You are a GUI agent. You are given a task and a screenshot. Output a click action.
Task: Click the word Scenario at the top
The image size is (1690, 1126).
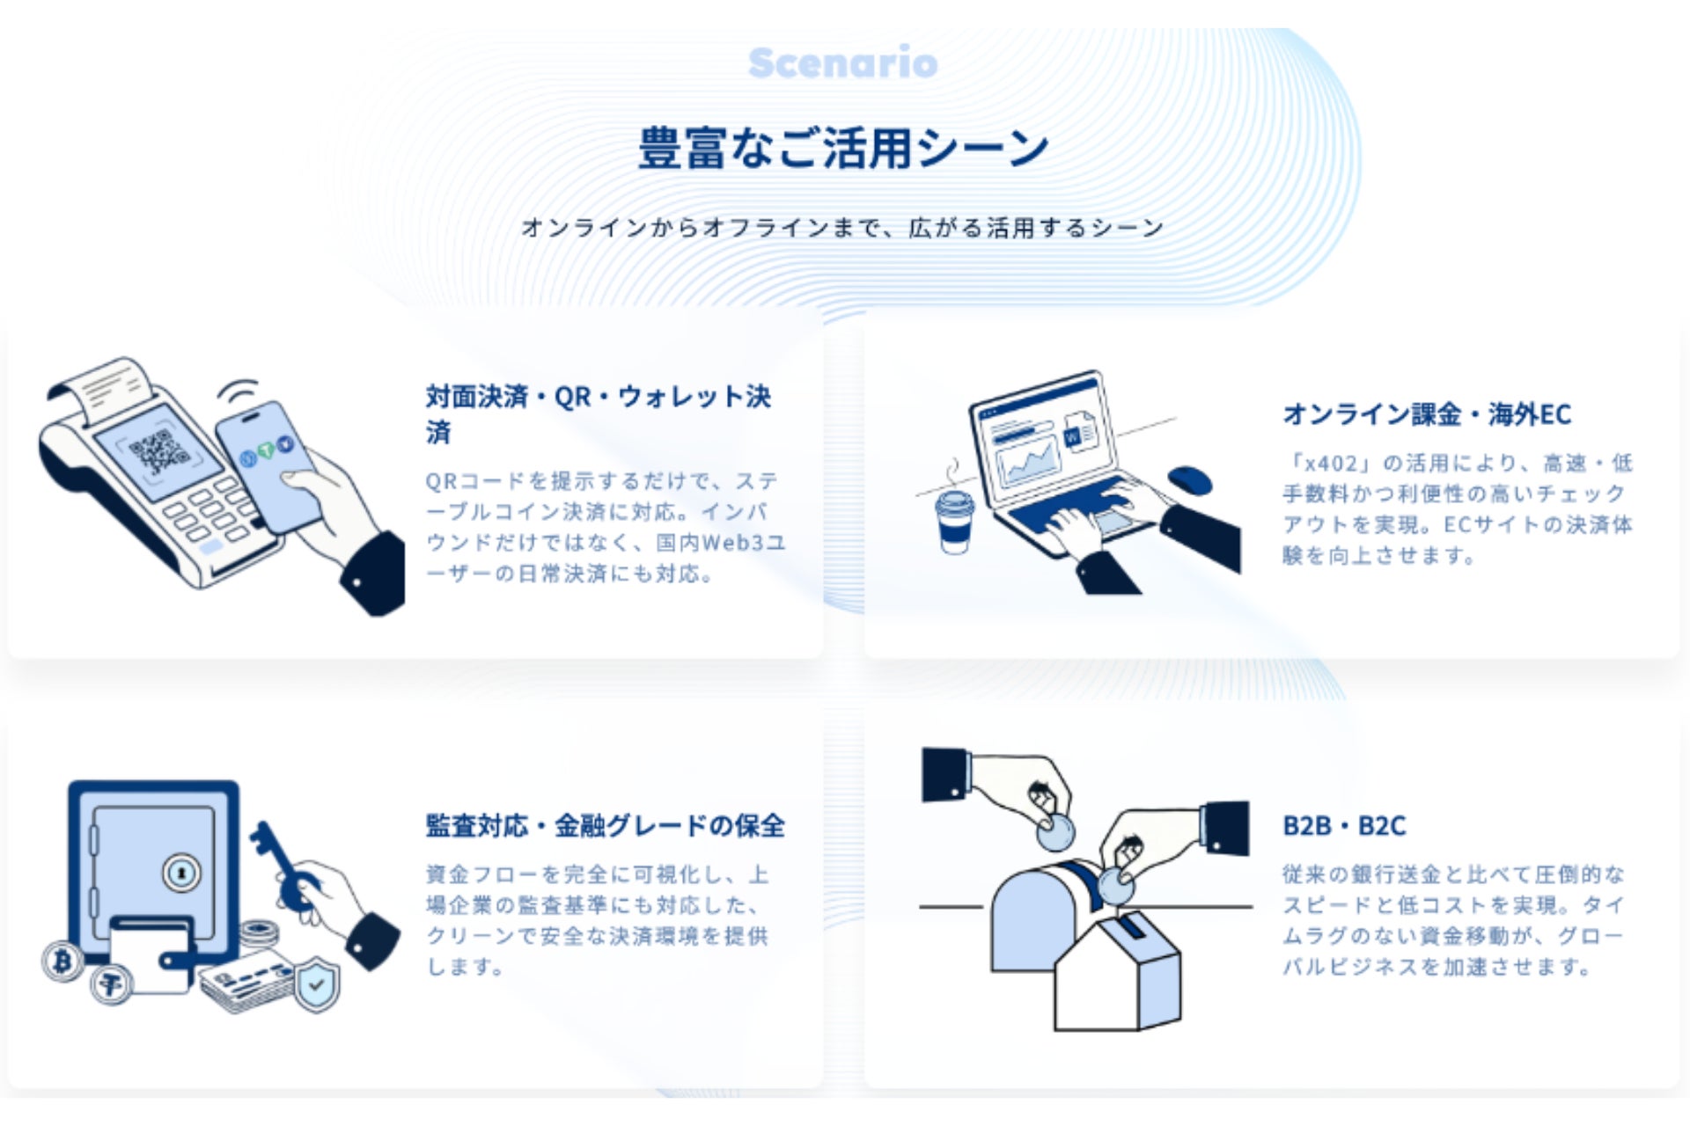pyautogui.click(x=843, y=63)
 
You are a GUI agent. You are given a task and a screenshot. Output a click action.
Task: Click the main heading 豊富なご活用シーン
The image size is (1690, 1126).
pyautogui.click(x=843, y=147)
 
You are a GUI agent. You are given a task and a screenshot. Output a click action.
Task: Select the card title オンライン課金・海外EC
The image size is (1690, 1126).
pyautogui.click(x=1427, y=414)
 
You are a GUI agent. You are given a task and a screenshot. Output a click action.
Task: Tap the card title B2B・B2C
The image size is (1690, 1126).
pyautogui.click(x=1344, y=826)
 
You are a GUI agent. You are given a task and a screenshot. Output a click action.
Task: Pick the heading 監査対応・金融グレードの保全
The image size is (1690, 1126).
pyautogui.click(x=606, y=826)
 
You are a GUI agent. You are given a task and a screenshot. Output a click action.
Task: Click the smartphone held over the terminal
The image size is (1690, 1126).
pyautogui.click(x=268, y=465)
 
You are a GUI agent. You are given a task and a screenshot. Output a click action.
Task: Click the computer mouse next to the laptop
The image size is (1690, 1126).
pyautogui.click(x=1190, y=479)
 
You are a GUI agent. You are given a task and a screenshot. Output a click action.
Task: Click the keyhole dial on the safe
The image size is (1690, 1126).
pyautogui.click(x=181, y=874)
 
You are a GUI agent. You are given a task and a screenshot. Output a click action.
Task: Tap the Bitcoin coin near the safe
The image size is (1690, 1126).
pyautogui.click(x=62, y=961)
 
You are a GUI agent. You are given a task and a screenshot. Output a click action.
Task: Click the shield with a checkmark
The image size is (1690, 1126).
pyautogui.click(x=316, y=985)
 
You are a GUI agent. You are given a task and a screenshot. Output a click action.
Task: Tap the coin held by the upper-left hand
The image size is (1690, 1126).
pyautogui.click(x=1055, y=831)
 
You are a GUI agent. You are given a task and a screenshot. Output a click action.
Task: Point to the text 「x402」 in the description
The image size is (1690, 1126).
pyautogui.click(x=1328, y=464)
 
